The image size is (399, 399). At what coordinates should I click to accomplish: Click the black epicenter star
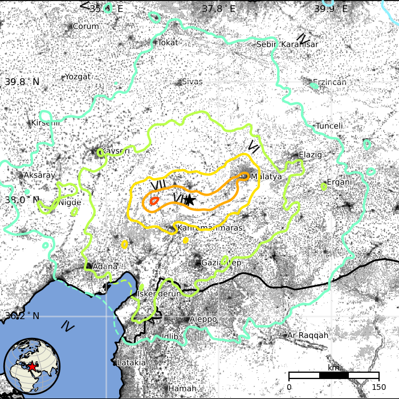[x=190, y=200]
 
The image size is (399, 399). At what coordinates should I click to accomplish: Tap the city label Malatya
[x=266, y=176]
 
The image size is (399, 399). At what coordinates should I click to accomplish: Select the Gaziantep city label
[x=222, y=263]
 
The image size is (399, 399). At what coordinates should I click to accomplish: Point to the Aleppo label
[x=203, y=319]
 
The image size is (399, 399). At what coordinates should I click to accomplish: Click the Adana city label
[x=105, y=266]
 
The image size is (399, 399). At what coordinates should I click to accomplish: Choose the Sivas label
[x=192, y=82]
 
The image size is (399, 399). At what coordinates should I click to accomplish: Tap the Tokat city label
[x=168, y=42]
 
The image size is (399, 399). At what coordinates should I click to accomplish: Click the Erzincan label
[x=329, y=82]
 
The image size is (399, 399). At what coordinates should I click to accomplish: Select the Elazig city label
[x=310, y=155]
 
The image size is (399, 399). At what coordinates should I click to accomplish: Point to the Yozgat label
[x=78, y=76]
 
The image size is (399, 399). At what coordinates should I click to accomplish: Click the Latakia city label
[x=131, y=362]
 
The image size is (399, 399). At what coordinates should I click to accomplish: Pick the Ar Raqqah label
[x=308, y=335]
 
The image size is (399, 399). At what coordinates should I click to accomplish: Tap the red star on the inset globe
[x=32, y=365]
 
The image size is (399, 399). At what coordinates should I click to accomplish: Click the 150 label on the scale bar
[x=378, y=387]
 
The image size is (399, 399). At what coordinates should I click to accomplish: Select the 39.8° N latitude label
[x=22, y=82]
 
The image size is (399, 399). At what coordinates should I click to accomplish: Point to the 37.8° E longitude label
[x=218, y=9]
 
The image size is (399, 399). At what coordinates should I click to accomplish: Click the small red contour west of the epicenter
[x=154, y=201]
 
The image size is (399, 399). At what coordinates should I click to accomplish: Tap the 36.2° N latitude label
[x=22, y=316]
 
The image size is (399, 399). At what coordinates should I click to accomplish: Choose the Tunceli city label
[x=329, y=126]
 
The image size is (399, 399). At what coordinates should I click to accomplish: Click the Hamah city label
[x=182, y=389]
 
